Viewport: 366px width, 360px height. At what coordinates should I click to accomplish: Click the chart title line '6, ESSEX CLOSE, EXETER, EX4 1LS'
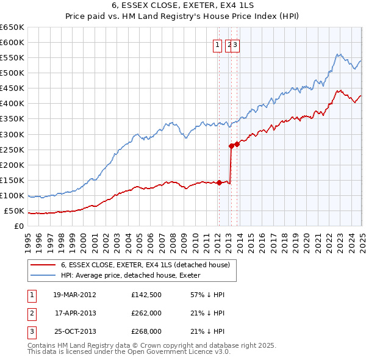(x=183, y=6)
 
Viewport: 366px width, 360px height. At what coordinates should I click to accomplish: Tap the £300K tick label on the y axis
(x=12, y=134)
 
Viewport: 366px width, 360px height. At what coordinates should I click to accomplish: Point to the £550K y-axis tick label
(x=12, y=57)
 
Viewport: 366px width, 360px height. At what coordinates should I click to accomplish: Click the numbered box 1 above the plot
(x=217, y=44)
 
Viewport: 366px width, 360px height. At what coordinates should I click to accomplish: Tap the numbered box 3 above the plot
(x=235, y=44)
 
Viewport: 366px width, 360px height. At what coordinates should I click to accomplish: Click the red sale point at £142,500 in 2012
(x=219, y=182)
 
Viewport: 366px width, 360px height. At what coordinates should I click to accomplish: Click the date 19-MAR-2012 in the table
(x=74, y=295)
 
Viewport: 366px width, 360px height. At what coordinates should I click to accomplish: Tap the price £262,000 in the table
(x=146, y=313)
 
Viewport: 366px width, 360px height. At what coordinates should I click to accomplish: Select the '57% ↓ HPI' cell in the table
(x=208, y=295)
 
